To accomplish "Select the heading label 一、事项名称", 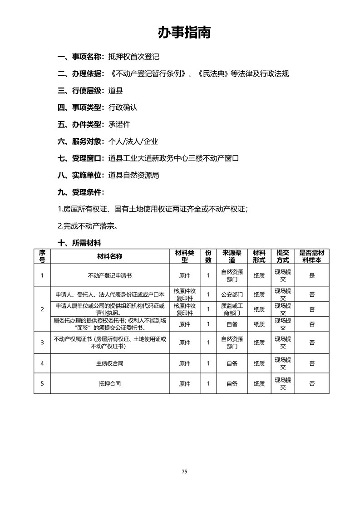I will [79, 57].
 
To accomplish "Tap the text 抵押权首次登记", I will [134, 57].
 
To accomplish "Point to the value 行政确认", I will [123, 108].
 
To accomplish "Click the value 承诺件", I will [119, 124].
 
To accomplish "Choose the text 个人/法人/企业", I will [133, 142].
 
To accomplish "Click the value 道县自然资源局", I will [134, 175].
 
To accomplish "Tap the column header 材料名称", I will [109, 256].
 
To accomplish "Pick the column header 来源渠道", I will [232, 256].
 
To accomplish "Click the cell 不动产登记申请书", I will [109, 275].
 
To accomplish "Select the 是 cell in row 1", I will [312, 275].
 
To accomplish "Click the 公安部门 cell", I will [232, 294].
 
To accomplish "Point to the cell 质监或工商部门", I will [232, 309].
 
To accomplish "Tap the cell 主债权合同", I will [109, 363].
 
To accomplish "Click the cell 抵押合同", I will [109, 383].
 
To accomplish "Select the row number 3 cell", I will [42, 342].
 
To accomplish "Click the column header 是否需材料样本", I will [312, 256].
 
